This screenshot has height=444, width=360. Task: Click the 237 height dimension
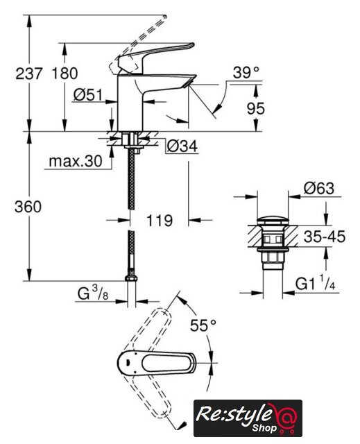tap(29, 74)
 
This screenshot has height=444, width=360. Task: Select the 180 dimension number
tap(65, 74)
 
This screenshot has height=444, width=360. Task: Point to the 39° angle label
tap(246, 72)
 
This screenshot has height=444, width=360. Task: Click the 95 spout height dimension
tap(256, 108)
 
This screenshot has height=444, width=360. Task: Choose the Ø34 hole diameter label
tap(182, 146)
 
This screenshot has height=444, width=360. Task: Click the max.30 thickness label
tap(76, 162)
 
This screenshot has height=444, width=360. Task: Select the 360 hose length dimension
tap(28, 207)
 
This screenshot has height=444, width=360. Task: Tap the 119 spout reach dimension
tap(160, 221)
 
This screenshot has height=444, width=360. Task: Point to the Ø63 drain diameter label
tap(319, 188)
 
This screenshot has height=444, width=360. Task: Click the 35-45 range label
tap(325, 237)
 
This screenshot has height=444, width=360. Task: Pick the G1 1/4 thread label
tap(316, 283)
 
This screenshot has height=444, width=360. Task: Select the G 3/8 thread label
tap(93, 293)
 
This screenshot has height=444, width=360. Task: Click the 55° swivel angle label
tap(203, 325)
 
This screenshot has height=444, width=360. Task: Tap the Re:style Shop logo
tap(248, 418)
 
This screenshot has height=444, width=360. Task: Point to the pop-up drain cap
tap(273, 221)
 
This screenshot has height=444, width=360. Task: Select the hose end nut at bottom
tap(131, 277)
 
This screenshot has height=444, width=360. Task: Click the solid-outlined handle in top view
tap(157, 363)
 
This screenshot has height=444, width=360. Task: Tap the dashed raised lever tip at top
tap(162, 20)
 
